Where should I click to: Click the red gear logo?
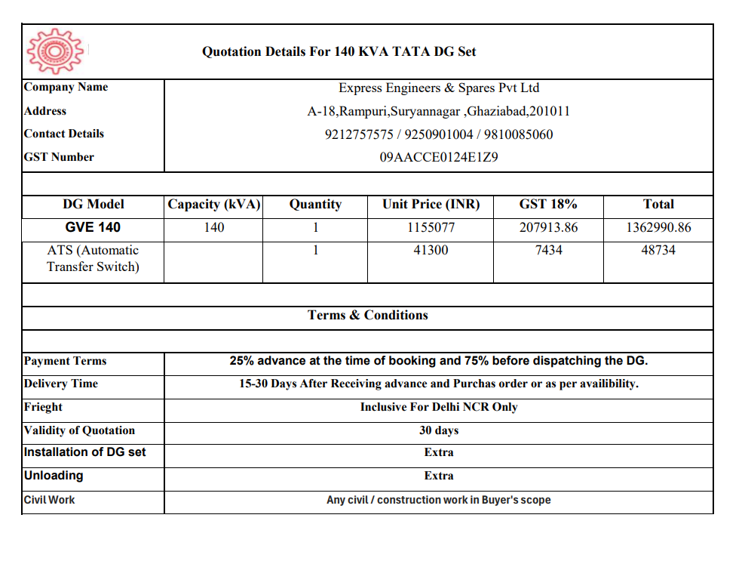tap(54, 51)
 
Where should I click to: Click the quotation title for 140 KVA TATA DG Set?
tap(339, 52)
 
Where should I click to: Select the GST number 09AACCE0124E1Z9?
tap(438, 158)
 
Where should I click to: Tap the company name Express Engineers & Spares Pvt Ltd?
tap(438, 88)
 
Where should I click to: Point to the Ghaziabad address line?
tap(438, 112)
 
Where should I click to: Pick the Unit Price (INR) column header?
tap(431, 205)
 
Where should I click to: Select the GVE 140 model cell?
tap(93, 227)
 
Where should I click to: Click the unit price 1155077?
tap(431, 227)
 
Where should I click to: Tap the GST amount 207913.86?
tap(548, 227)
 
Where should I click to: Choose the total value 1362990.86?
tap(658, 227)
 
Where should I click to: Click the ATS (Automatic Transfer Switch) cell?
tap(93, 258)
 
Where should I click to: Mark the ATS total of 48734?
tap(658, 250)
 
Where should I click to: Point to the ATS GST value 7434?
tap(548, 250)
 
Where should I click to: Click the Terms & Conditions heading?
tap(367, 316)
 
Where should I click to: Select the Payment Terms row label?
tap(66, 361)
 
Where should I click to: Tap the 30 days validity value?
tap(438, 430)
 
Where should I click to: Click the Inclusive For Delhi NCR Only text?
tap(438, 407)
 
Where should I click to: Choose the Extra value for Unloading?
tap(438, 476)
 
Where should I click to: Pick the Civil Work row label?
tap(50, 500)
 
